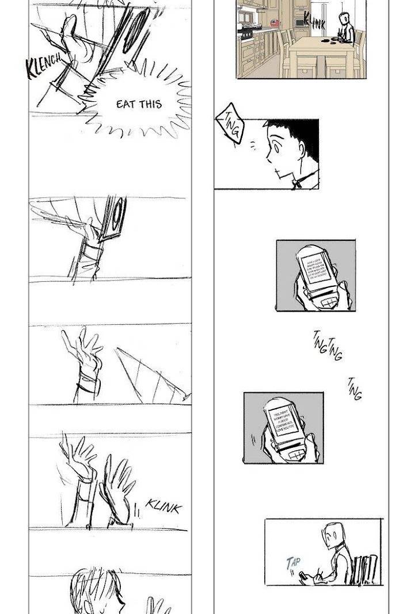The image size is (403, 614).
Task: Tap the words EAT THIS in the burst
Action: (139, 104)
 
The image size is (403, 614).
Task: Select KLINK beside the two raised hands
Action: (164, 506)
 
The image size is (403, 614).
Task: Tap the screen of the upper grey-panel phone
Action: (315, 269)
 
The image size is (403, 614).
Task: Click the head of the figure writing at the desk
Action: (332, 535)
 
